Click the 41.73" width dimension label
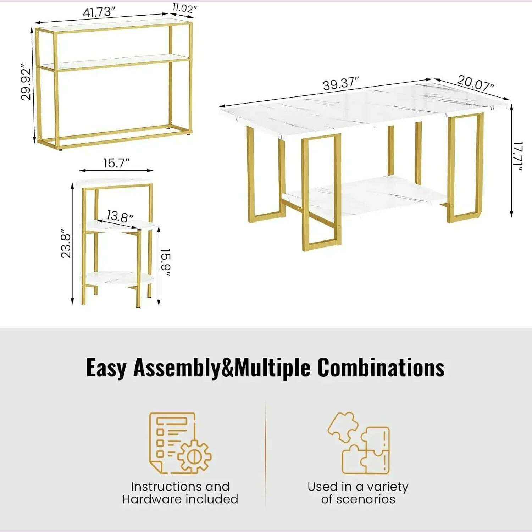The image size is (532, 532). [99, 12]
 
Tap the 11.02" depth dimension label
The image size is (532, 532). [184, 8]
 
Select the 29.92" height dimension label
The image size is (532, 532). [26, 82]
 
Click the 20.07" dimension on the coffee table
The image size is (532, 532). [475, 83]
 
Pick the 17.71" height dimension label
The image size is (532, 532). [518, 156]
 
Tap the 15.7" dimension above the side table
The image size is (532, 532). [116, 163]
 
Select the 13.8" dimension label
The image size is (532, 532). [120, 216]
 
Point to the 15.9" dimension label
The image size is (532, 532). [166, 262]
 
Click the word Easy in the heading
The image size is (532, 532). [106, 368]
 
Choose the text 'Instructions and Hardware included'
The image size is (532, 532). [180, 493]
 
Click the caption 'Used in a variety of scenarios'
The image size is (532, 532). [358, 493]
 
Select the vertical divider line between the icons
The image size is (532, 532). [266, 454]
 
